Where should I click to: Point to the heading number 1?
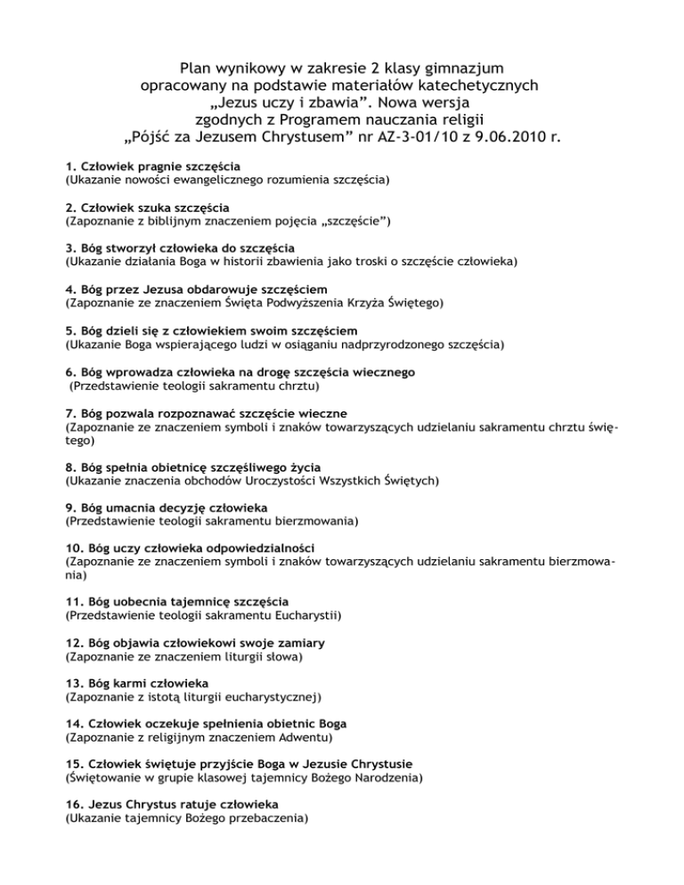[x=71, y=166]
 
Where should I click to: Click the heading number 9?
[x=71, y=507]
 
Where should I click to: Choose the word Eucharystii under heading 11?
[x=307, y=614]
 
